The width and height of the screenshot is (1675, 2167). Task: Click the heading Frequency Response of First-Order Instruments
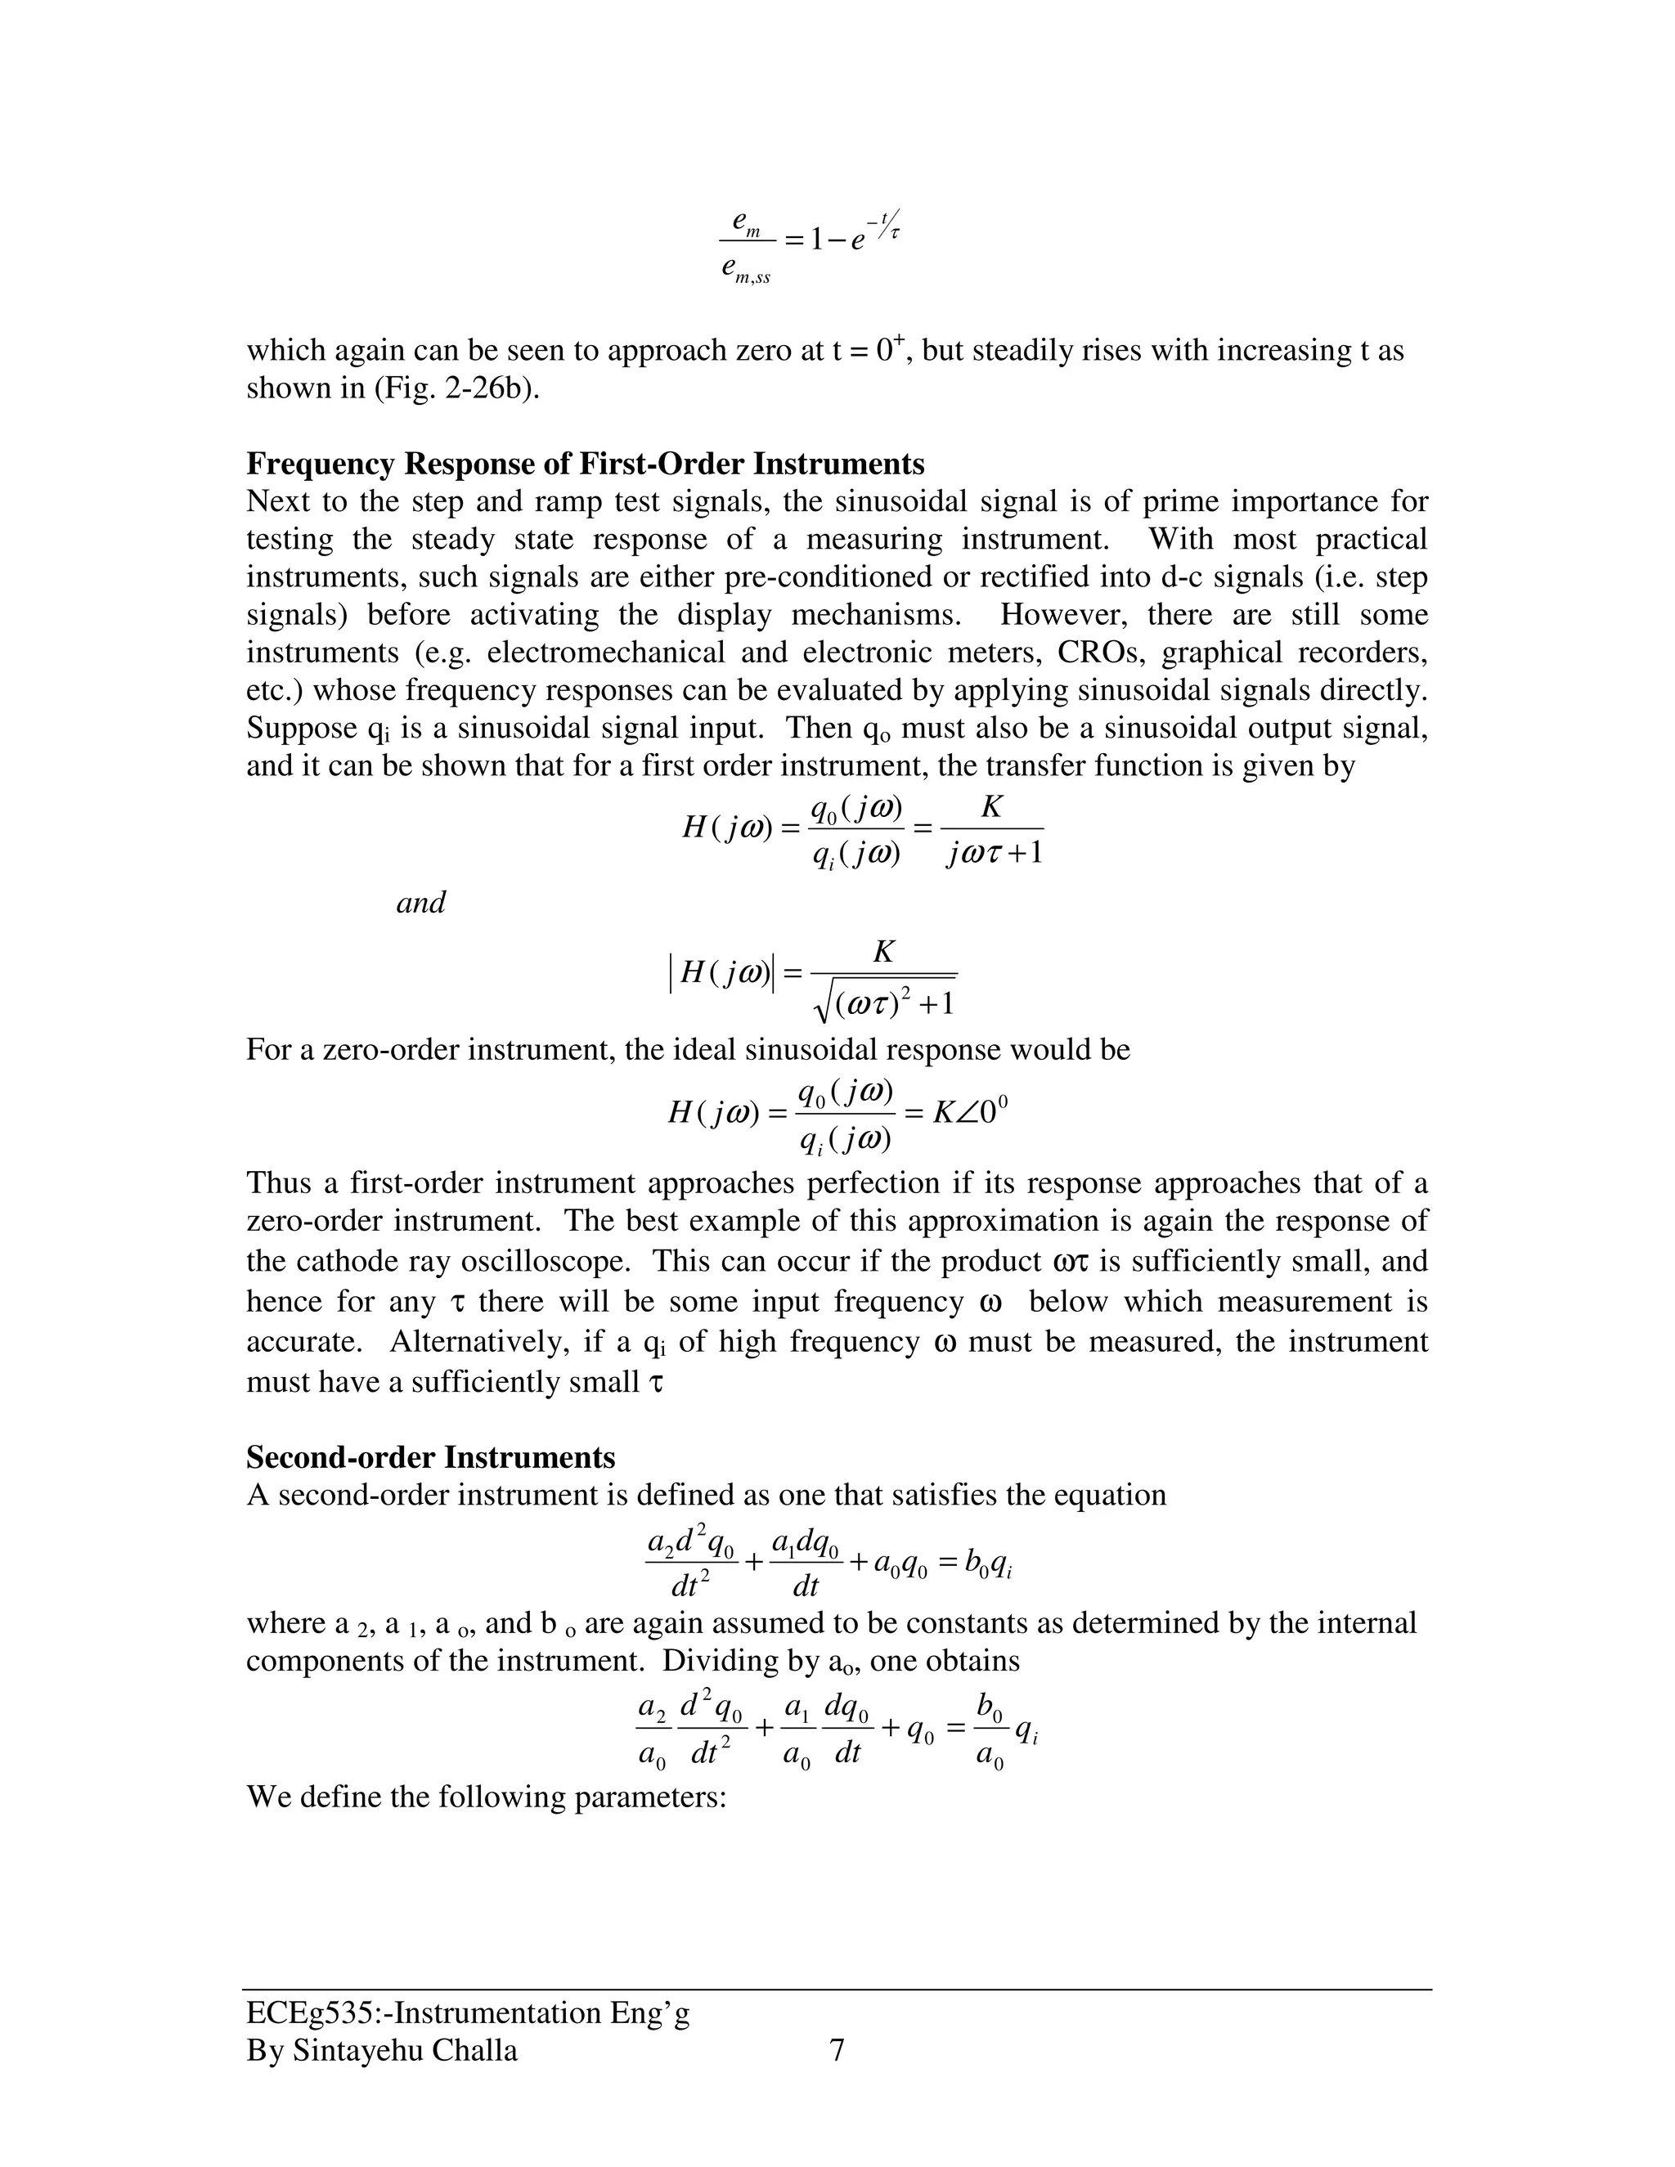tap(585, 464)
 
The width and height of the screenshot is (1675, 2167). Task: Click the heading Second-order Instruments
tap(431, 1457)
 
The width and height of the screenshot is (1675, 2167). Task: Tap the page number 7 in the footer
tap(837, 2051)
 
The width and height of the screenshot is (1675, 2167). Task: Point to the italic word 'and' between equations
tap(420, 903)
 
